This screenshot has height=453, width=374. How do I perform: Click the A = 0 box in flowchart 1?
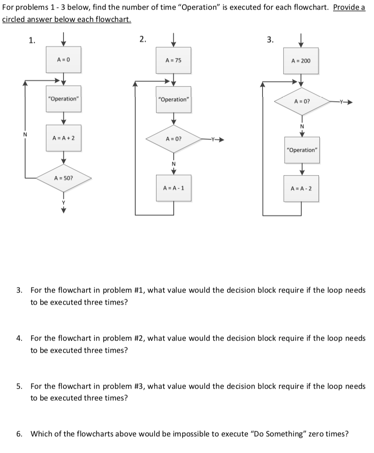coord(63,60)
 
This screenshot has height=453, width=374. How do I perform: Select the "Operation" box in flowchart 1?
coord(63,99)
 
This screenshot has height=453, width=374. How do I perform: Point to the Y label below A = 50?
coord(64,203)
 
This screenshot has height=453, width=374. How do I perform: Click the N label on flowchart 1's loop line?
coord(25,135)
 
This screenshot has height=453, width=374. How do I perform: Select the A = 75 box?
coord(173,60)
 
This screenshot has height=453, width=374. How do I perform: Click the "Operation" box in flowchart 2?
coord(173,99)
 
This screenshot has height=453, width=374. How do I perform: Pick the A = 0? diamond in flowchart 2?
coord(173,138)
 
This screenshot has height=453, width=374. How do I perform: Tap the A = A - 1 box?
coord(173,188)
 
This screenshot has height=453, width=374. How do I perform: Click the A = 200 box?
coord(301,61)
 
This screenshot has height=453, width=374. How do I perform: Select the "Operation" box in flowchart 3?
coord(301,150)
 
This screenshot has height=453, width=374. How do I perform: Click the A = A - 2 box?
coord(301,188)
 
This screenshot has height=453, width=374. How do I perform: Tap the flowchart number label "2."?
coord(143,40)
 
